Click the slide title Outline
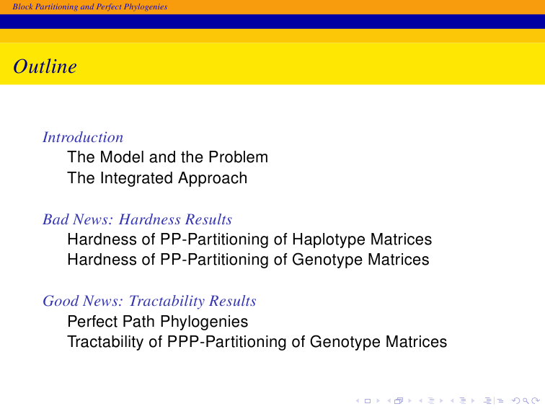45,66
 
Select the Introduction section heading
83,137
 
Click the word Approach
213,178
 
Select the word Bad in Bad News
56,219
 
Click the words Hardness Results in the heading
175,219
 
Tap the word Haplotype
329,239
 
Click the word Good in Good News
59,301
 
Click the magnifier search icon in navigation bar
526,401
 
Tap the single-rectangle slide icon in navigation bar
368,401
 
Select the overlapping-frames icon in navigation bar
399,401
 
